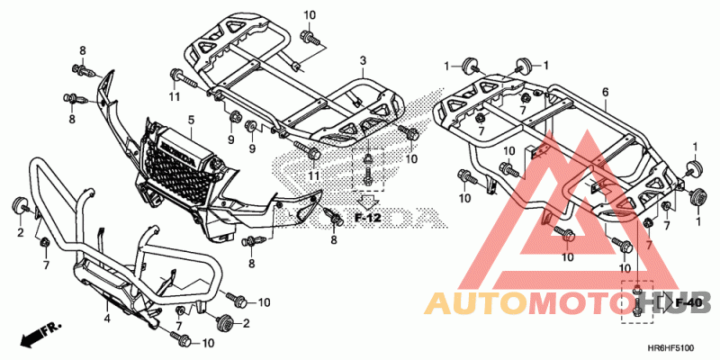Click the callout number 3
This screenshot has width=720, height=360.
pyautogui.click(x=363, y=60)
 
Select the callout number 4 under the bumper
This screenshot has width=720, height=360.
pyautogui.click(x=106, y=317)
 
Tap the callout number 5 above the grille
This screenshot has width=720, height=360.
pyautogui.click(x=191, y=119)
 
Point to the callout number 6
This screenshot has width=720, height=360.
pyautogui.click(x=605, y=92)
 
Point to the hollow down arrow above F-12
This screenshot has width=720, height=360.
pyautogui.click(x=369, y=199)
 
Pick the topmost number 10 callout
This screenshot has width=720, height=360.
pyautogui.click(x=310, y=15)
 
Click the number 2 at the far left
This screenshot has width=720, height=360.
pyautogui.click(x=19, y=233)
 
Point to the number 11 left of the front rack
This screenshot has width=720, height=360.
pyautogui.click(x=173, y=95)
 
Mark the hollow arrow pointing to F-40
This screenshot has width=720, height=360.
pyautogui.click(x=654, y=302)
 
